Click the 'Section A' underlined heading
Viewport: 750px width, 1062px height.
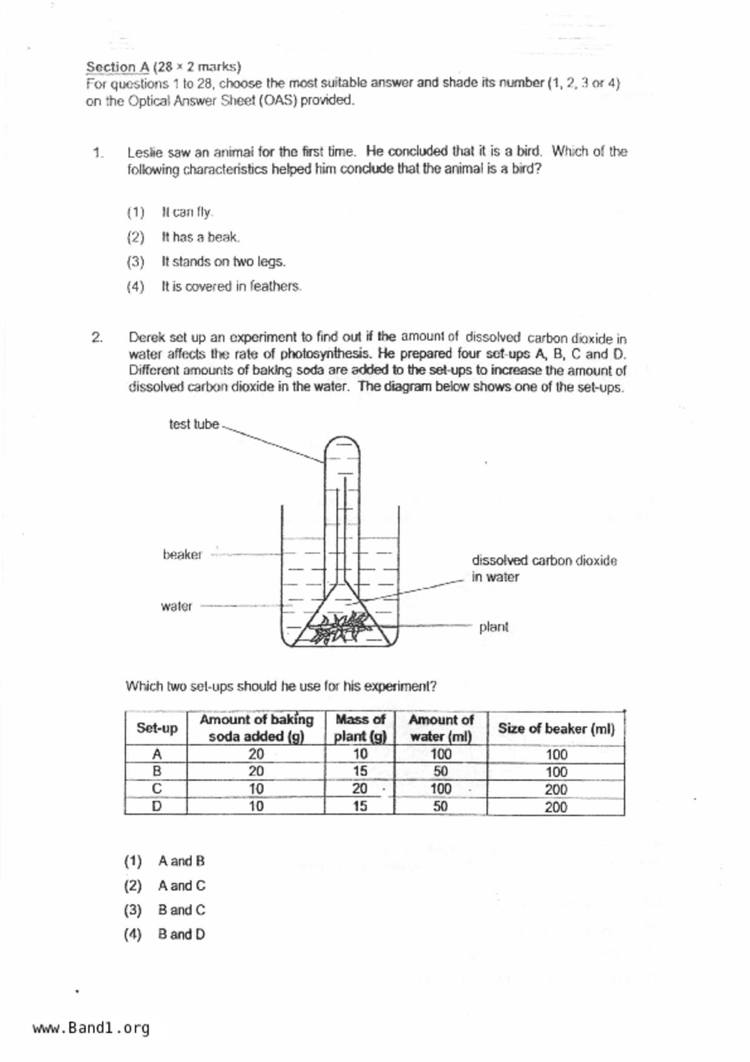tap(117, 67)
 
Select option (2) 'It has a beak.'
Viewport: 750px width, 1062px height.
tap(200, 237)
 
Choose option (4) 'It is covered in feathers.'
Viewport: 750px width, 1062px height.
tap(231, 286)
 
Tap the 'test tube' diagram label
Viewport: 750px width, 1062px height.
tap(194, 424)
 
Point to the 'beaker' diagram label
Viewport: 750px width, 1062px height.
tap(182, 555)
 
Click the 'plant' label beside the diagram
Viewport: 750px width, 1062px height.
tap(493, 627)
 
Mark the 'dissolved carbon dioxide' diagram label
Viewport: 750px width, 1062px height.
tap(544, 561)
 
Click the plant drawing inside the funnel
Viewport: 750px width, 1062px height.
tap(340, 627)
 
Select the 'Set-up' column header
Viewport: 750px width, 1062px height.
tap(157, 728)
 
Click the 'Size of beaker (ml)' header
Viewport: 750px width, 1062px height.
tap(556, 728)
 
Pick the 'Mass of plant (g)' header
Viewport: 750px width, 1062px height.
tap(360, 728)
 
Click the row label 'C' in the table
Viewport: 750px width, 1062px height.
tap(157, 789)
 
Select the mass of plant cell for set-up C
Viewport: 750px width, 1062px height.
tap(360, 789)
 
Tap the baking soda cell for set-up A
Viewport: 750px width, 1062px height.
tap(256, 754)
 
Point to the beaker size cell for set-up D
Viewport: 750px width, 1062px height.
tap(556, 807)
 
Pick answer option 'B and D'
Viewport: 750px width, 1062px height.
tap(181, 935)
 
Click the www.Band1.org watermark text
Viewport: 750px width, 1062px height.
tap(91, 1028)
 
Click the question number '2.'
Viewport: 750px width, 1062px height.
tap(97, 338)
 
